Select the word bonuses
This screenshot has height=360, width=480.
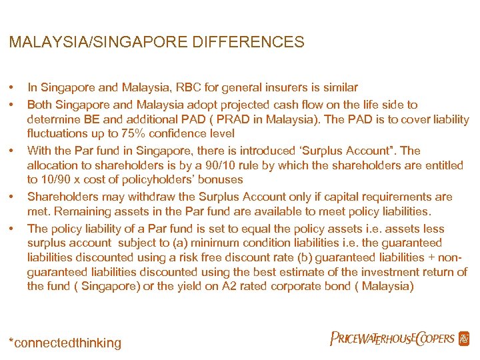point(221,179)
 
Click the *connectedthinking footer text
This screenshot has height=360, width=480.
point(65,343)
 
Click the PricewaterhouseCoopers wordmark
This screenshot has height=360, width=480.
point(392,339)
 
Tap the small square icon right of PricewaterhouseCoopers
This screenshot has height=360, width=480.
point(464,339)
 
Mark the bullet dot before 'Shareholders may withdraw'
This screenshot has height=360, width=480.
point(12,197)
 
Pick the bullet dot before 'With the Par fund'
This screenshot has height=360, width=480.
point(12,151)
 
